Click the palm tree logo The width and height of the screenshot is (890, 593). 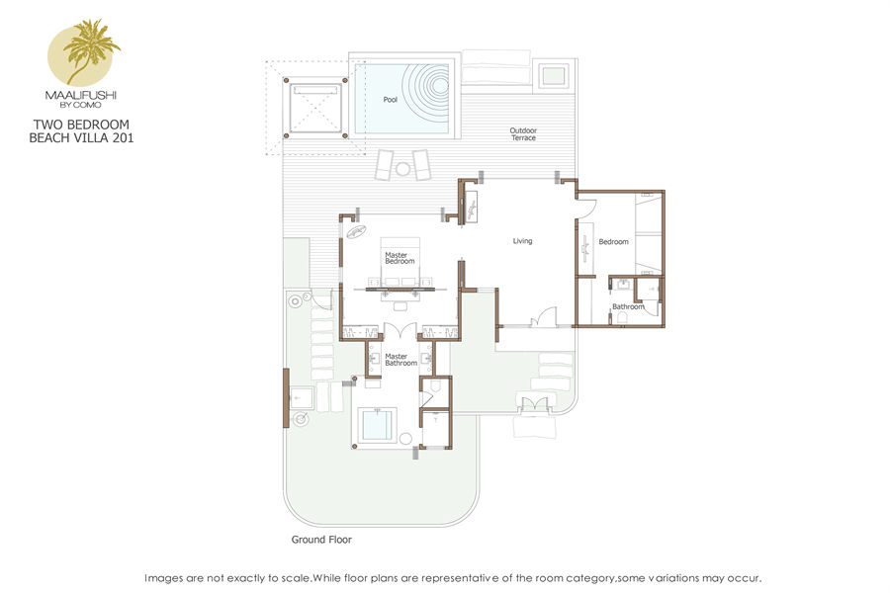(x=84, y=52)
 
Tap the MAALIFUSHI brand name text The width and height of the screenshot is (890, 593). (x=81, y=95)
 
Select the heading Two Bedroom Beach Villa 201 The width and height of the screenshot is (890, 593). (x=81, y=131)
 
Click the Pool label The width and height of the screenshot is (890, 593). (x=390, y=100)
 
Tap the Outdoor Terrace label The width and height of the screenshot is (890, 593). (x=523, y=134)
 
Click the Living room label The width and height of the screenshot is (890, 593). (x=522, y=241)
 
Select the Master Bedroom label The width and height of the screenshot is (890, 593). (x=400, y=258)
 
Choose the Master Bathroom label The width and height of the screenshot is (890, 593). (x=400, y=360)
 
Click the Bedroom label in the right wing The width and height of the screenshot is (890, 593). (x=613, y=242)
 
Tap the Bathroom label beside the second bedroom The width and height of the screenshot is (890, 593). (x=628, y=306)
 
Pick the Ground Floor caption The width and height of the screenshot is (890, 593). (x=321, y=540)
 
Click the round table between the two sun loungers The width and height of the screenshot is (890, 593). (x=402, y=169)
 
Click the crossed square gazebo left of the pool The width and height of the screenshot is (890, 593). (x=315, y=108)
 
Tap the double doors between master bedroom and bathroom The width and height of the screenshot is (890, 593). (x=400, y=331)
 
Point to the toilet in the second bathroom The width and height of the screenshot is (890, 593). (x=622, y=317)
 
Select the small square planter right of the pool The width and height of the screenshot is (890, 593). (x=553, y=75)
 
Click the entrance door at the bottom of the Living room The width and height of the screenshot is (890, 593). (x=544, y=317)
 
